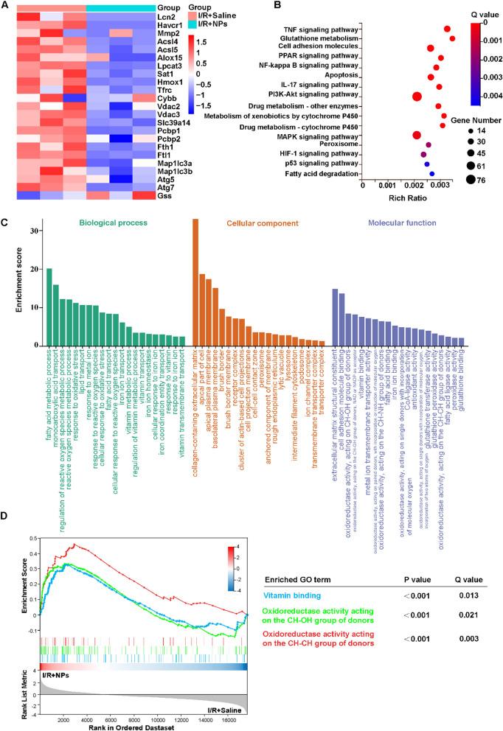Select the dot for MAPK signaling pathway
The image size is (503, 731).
pos(417,134)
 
